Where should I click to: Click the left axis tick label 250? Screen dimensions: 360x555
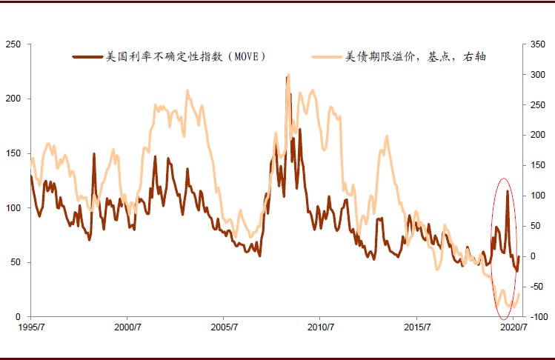pyautogui.click(x=12, y=44)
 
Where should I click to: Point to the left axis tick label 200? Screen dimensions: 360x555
pyautogui.click(x=12, y=99)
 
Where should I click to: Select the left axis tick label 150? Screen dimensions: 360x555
pyautogui.click(x=12, y=153)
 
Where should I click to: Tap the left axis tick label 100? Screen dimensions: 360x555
pyautogui.click(x=12, y=208)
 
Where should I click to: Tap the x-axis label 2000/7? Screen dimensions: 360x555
pyautogui.click(x=127, y=327)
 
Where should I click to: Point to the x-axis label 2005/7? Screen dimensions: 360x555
pyautogui.click(x=224, y=327)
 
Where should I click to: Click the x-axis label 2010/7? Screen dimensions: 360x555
pyautogui.click(x=320, y=327)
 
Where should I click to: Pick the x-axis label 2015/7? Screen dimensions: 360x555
pyautogui.click(x=416, y=327)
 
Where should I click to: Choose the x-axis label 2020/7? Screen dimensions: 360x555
pyautogui.click(x=513, y=327)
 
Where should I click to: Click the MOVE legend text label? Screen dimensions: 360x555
pyautogui.click(x=186, y=56)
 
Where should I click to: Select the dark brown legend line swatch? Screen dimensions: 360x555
pyautogui.click(x=88, y=56)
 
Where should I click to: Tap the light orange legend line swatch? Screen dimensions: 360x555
pyautogui.click(x=326, y=56)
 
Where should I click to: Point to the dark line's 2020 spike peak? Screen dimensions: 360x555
pyautogui.click(x=507, y=191)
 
